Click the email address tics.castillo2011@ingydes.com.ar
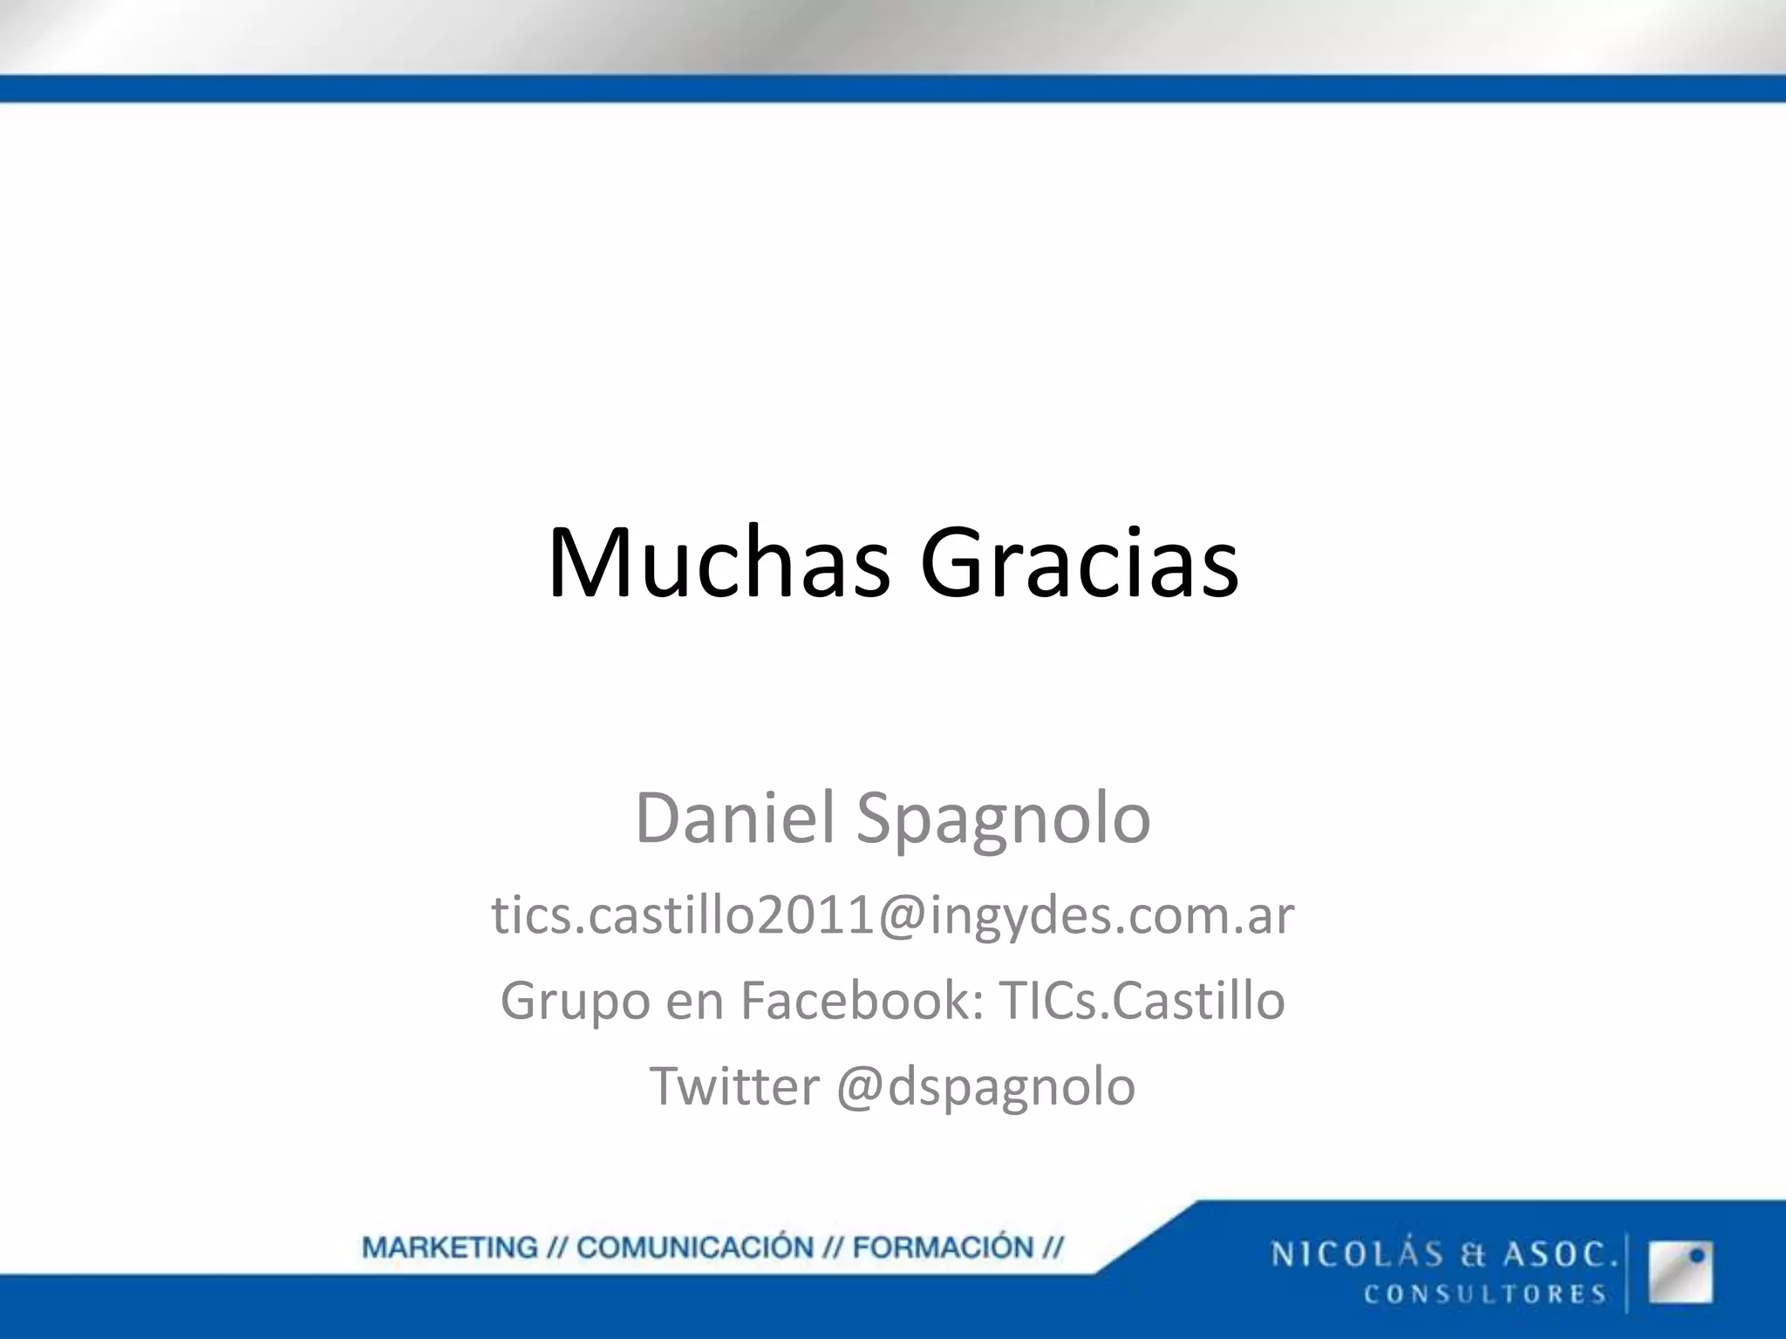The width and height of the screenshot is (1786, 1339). [893, 915]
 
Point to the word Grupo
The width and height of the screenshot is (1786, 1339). [575, 1002]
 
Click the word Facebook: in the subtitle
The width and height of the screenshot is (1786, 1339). [863, 1000]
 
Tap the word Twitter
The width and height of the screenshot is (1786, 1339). [734, 1086]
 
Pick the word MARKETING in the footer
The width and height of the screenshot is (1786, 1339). [450, 1247]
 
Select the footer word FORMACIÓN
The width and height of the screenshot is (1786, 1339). [943, 1247]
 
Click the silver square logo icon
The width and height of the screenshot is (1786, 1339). [1680, 1272]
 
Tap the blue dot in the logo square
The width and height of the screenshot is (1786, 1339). [1697, 1256]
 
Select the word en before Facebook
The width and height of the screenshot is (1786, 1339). [695, 1002]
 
